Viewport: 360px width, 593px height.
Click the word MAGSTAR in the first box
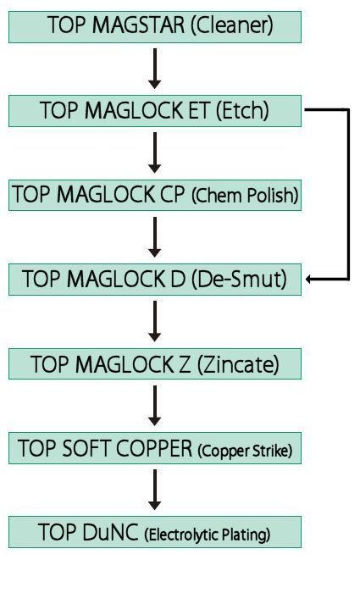(x=139, y=25)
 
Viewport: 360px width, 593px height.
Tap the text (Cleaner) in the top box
(x=232, y=25)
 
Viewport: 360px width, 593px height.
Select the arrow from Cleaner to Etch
(x=155, y=69)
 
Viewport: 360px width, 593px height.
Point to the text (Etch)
(x=242, y=111)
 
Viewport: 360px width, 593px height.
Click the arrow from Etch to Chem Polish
(x=155, y=152)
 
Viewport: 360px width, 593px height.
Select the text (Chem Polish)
(x=245, y=196)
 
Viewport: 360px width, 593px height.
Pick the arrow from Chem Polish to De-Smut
(x=155, y=236)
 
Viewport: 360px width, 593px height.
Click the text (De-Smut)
(x=240, y=279)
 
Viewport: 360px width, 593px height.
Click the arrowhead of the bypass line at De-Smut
(x=308, y=280)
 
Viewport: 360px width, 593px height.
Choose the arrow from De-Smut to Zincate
(x=155, y=321)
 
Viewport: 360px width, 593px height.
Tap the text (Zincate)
(x=238, y=364)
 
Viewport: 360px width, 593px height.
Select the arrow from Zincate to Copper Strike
(x=155, y=406)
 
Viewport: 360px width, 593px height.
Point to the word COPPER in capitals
(x=154, y=448)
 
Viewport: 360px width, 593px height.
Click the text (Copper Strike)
(x=245, y=451)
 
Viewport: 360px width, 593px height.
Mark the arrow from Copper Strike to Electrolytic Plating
(x=155, y=490)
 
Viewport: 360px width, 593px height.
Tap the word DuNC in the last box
(x=110, y=532)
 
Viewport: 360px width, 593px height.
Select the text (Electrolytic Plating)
(x=208, y=535)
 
